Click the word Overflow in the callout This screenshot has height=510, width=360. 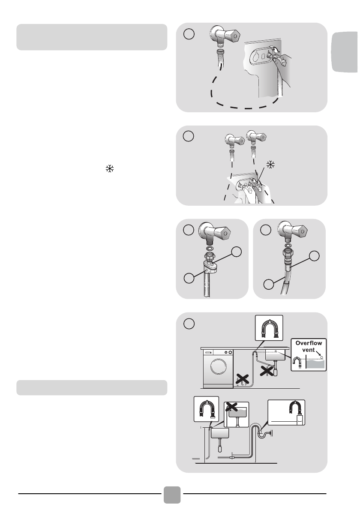tap(308, 343)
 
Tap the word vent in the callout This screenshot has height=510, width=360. tap(308, 350)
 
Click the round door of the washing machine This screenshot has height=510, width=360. tap(218, 366)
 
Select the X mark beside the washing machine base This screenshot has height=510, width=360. tap(243, 379)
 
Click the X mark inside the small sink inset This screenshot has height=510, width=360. tap(231, 407)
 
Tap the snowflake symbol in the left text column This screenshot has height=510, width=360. tap(110, 168)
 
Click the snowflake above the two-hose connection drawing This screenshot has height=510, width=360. tap(270, 165)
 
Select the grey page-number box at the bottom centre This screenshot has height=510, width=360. tap(172, 495)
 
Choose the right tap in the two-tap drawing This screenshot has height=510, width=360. tap(256, 137)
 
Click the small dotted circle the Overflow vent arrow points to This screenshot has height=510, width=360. tap(321, 357)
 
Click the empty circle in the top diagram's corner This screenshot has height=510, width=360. tap(189, 34)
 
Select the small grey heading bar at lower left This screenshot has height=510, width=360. tap(92, 387)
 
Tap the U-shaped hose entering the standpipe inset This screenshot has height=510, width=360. tap(296, 408)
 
